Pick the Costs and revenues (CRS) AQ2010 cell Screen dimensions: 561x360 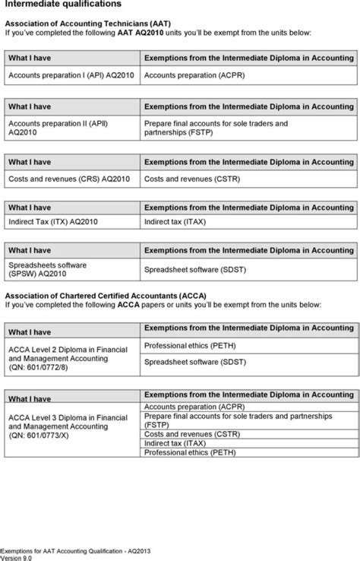pyautogui.click(x=69, y=179)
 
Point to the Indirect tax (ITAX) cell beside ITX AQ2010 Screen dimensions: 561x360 pyautogui.click(x=175, y=222)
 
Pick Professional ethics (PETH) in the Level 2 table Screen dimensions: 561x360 pyautogui.click(x=190, y=345)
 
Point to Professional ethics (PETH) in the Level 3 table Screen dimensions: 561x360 pyautogui.click(x=190, y=452)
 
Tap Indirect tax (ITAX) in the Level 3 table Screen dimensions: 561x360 pyautogui.click(x=175, y=443)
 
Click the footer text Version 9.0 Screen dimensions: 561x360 pyautogui.click(x=17, y=556)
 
